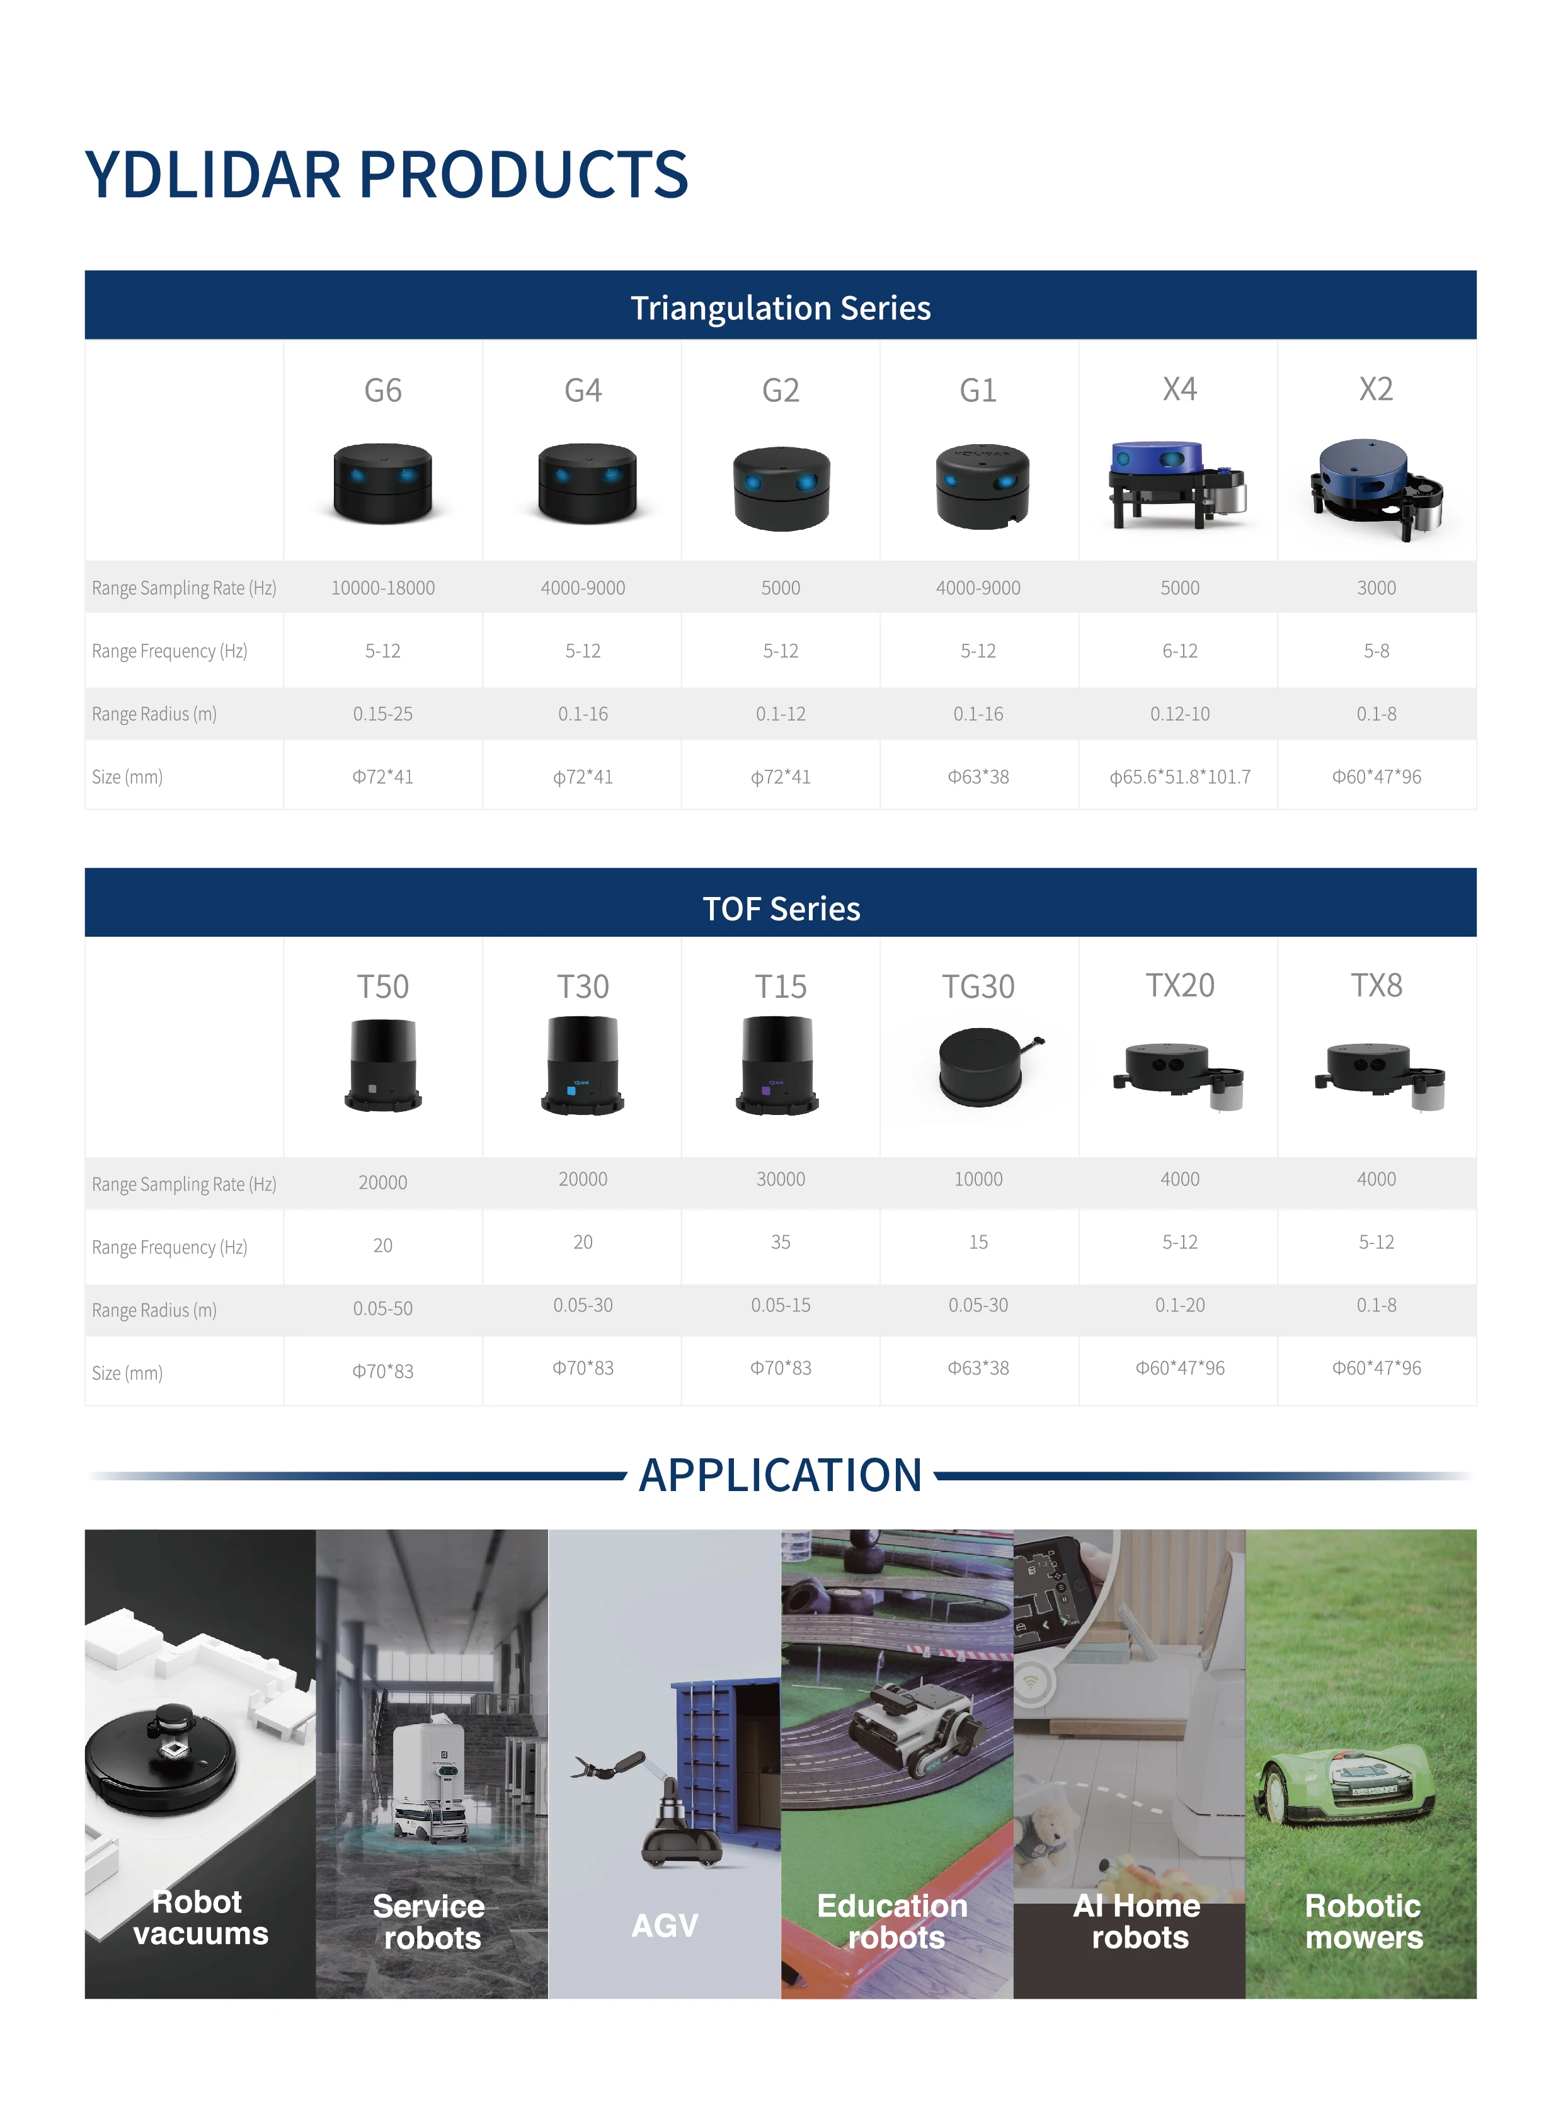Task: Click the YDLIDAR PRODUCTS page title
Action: coord(386,175)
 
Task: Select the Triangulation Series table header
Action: coord(781,307)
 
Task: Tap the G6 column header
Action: coord(382,390)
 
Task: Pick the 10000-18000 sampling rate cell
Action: coord(382,588)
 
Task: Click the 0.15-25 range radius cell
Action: coord(382,713)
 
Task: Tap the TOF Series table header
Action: coord(781,908)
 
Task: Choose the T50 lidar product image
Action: coord(382,1065)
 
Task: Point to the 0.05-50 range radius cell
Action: coord(382,1308)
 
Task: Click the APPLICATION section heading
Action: coord(781,1475)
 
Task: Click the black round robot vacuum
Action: coord(161,1759)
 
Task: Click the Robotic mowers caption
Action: coord(1363,1921)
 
